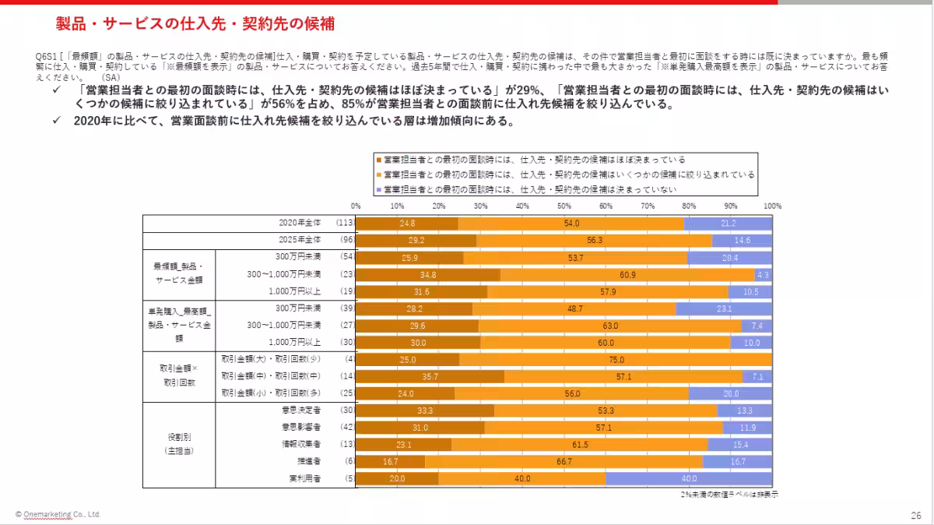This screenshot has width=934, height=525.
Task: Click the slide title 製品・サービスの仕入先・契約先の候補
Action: (x=195, y=24)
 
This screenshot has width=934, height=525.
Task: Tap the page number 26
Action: (x=915, y=515)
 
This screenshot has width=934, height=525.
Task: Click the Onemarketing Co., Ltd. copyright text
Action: (x=58, y=515)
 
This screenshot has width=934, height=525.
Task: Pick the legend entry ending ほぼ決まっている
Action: (x=529, y=160)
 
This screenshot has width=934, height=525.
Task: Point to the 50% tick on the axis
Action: (x=564, y=206)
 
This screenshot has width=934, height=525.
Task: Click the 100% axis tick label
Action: (x=771, y=206)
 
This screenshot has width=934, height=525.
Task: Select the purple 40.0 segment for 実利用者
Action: (x=689, y=478)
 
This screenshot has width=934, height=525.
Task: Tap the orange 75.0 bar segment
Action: (x=616, y=359)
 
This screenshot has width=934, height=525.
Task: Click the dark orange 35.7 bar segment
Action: (x=429, y=376)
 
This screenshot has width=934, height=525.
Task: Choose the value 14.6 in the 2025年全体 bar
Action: (x=742, y=240)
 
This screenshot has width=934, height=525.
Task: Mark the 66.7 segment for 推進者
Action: (x=564, y=461)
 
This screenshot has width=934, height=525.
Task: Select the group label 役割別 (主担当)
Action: (x=179, y=444)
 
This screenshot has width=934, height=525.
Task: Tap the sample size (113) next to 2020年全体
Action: (x=345, y=223)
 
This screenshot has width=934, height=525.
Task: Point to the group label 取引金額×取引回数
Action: (x=179, y=376)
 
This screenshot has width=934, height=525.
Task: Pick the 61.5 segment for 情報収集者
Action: (x=579, y=444)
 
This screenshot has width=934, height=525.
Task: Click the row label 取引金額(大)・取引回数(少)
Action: (x=272, y=359)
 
